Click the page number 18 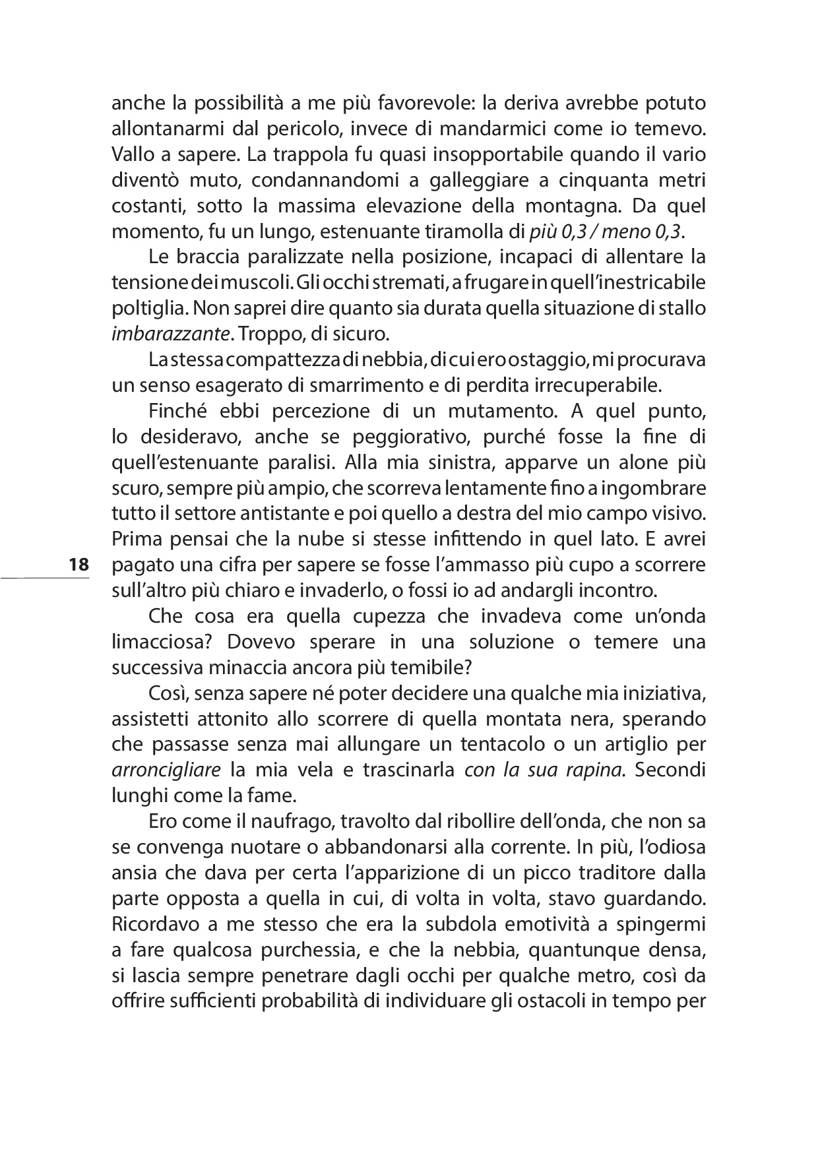tap(78, 565)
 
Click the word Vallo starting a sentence tap(132, 154)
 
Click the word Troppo tap(269, 334)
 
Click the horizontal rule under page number tap(44, 578)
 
